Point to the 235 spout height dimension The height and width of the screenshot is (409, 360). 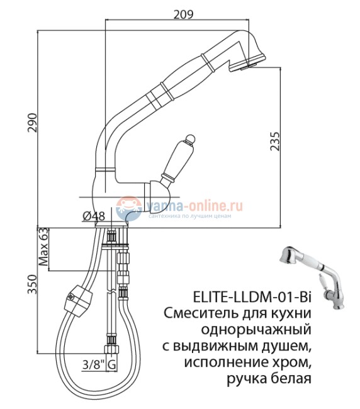coord(274,147)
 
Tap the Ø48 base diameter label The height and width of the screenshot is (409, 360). coord(94,216)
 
